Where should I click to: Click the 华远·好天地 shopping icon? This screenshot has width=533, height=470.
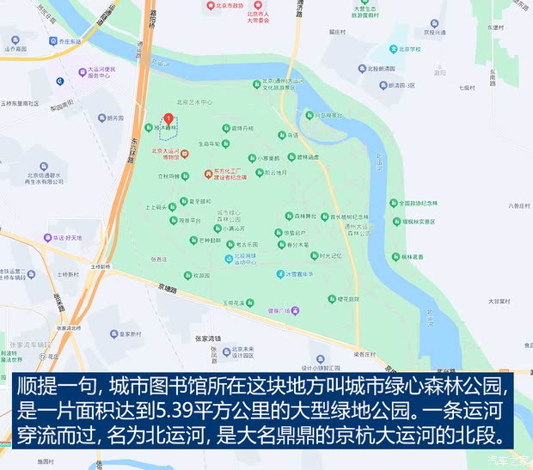(x=49, y=237)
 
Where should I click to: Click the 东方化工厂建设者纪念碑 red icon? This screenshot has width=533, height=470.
(x=208, y=174)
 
